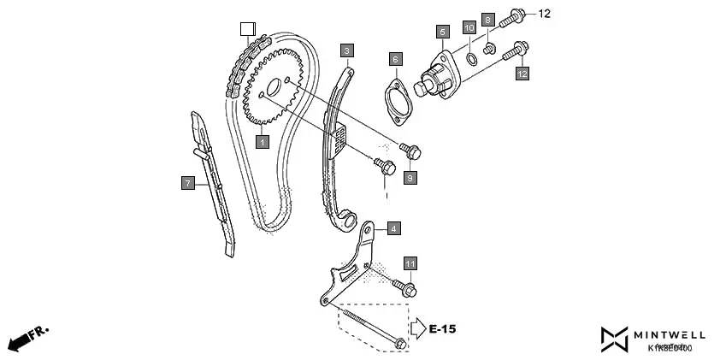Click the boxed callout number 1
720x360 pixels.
(262, 140)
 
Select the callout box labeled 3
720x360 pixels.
(346, 50)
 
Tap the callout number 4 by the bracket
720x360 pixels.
(392, 228)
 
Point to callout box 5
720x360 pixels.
(442, 32)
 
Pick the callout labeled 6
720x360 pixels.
(395, 59)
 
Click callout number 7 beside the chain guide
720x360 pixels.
(187, 182)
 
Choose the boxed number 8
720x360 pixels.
(488, 19)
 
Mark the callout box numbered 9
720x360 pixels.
(410, 177)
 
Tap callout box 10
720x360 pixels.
(469, 28)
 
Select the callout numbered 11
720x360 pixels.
(410, 263)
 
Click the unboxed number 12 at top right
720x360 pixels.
(546, 14)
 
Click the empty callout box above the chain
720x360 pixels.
(247, 27)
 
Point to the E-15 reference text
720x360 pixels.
(443, 328)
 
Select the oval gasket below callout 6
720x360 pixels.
(396, 100)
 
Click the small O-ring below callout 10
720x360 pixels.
(470, 58)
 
